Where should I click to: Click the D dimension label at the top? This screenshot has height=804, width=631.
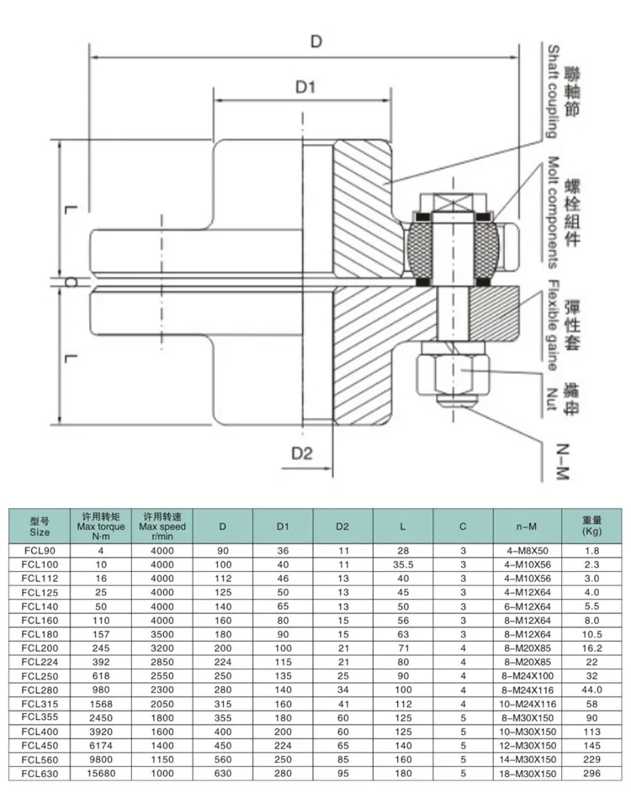click(x=315, y=41)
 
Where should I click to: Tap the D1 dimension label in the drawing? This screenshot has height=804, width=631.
click(x=305, y=87)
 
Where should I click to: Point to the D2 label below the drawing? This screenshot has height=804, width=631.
click(x=303, y=452)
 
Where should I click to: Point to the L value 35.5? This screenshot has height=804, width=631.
click(x=404, y=564)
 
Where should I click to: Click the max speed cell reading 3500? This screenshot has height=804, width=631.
click(x=162, y=633)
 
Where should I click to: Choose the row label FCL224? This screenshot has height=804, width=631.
click(x=39, y=660)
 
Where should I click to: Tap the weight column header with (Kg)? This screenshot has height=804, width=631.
click(x=592, y=526)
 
